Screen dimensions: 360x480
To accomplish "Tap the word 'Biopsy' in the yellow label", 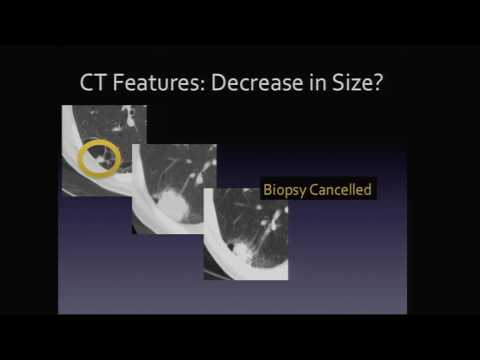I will coord(284,188).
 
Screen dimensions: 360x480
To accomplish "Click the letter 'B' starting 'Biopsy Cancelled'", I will coord(267,188).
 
